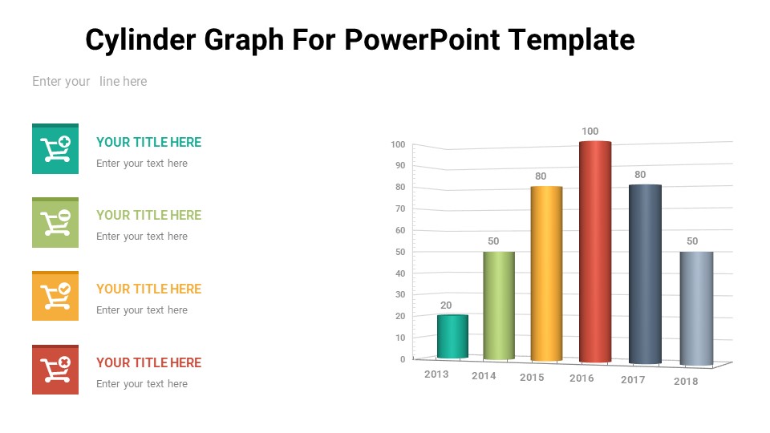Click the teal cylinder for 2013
click(x=452, y=336)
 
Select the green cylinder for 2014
click(x=499, y=306)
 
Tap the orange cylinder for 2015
click(x=546, y=273)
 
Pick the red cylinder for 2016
click(x=595, y=252)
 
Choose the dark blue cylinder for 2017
click(x=645, y=274)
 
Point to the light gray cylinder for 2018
click(x=696, y=309)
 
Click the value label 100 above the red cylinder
click(x=590, y=131)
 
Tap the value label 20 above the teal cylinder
click(x=446, y=306)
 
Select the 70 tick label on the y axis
click(x=400, y=208)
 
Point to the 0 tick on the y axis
click(x=403, y=359)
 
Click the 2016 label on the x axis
click(x=582, y=378)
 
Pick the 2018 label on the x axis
click(x=686, y=382)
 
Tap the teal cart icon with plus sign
click(x=55, y=149)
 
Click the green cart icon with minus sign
click(x=55, y=222)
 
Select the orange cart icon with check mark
click(x=55, y=296)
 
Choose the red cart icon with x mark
click(x=55, y=370)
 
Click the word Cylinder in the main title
click(x=140, y=40)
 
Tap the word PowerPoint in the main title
click(x=423, y=39)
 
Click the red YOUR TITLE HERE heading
click(x=149, y=362)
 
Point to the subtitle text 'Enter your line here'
click(x=89, y=82)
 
